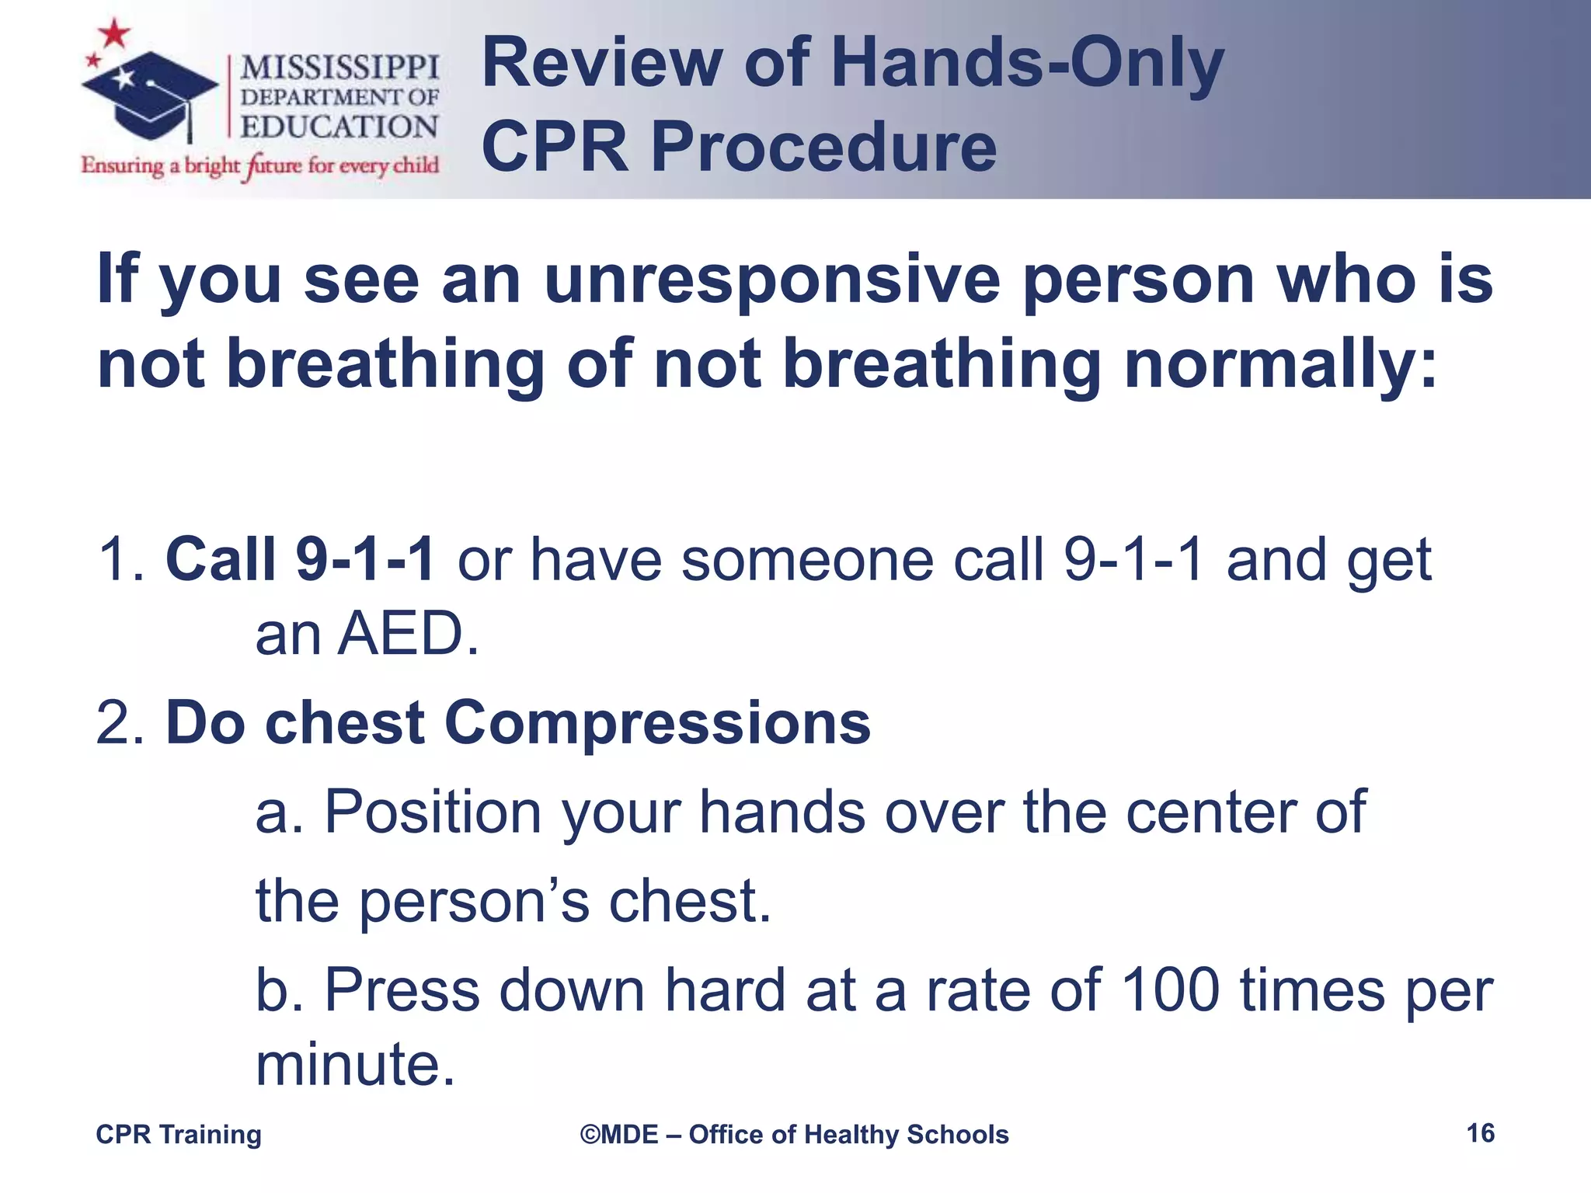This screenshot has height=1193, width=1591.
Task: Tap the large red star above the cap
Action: (115, 33)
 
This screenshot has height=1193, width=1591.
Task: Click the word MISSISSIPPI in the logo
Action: (339, 68)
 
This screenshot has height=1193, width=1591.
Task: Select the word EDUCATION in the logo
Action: (339, 127)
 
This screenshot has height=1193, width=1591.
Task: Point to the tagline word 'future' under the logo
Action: (272, 165)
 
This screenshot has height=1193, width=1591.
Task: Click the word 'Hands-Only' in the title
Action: (1027, 64)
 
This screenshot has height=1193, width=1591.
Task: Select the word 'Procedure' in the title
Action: (823, 147)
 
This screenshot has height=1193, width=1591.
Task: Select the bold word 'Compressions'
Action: (657, 722)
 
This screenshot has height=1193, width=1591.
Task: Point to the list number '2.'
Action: (120, 722)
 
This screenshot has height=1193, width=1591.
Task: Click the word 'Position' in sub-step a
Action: (433, 812)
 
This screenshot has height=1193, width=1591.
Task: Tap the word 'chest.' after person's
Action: (690, 901)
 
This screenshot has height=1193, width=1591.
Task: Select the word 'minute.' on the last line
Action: (355, 1064)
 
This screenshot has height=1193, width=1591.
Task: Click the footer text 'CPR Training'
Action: (179, 1135)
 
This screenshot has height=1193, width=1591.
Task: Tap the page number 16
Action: (1480, 1133)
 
